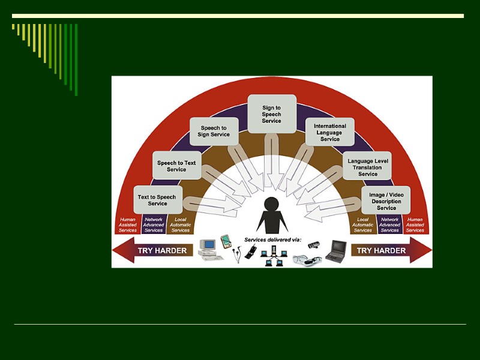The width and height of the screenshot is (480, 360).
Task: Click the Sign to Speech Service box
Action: click(x=272, y=114)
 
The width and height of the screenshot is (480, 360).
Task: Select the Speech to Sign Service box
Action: click(x=214, y=131)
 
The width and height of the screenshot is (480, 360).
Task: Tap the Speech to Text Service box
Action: click(x=176, y=166)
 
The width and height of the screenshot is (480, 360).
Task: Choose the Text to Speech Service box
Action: click(x=157, y=200)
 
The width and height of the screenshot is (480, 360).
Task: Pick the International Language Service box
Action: click(x=330, y=132)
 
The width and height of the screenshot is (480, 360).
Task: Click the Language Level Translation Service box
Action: click(x=368, y=167)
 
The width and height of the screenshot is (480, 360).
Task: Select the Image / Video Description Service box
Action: click(x=386, y=201)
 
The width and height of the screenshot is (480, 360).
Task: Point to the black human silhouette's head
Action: click(x=272, y=205)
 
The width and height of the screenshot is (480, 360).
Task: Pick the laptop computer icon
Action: click(x=337, y=250)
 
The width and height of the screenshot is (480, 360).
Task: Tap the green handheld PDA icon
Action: click(x=226, y=241)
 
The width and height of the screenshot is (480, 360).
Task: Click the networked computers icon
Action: click(x=276, y=256)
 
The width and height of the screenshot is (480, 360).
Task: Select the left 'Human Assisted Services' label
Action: click(x=127, y=224)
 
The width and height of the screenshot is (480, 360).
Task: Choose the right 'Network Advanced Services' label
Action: click(x=389, y=224)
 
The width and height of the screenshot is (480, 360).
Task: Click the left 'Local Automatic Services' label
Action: click(x=180, y=224)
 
